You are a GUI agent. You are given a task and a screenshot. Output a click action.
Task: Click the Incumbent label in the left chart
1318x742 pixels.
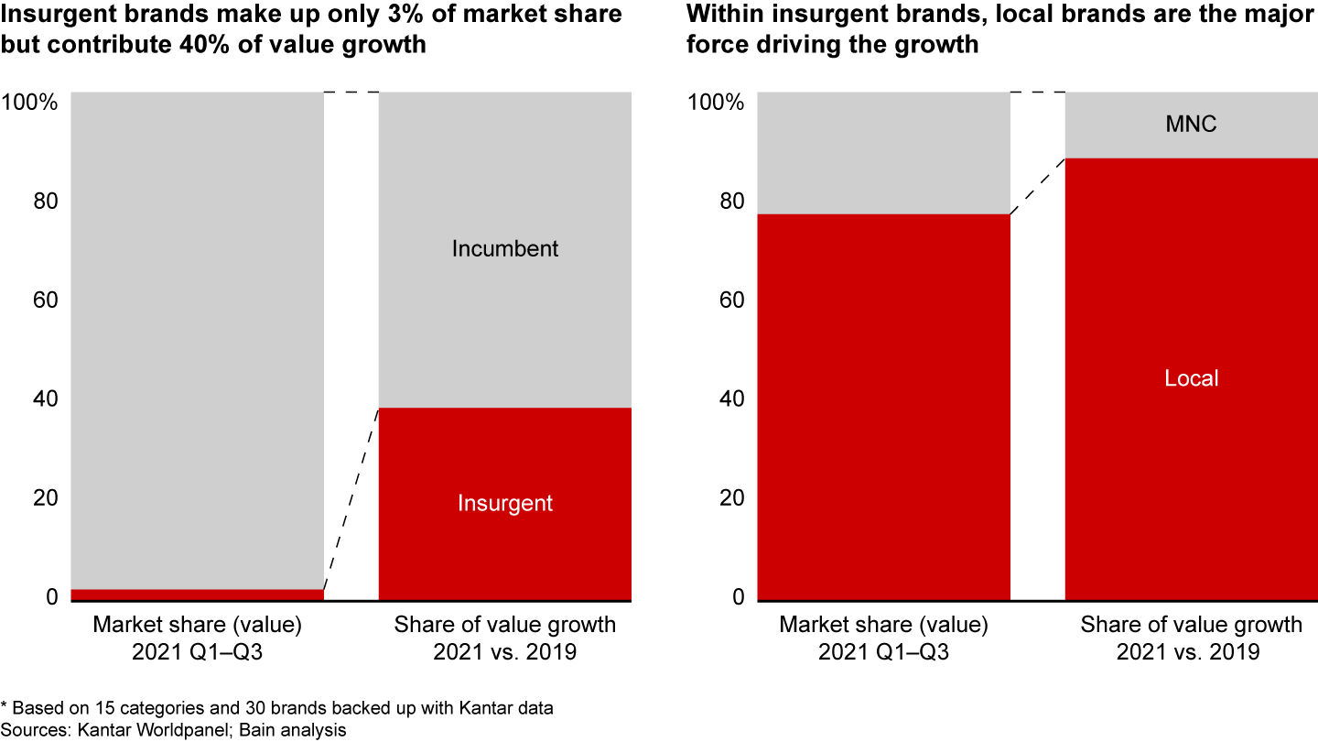tap(504, 248)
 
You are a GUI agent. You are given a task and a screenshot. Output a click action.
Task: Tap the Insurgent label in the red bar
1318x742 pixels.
tap(504, 503)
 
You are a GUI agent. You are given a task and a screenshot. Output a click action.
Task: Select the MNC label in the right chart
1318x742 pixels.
tap(1191, 125)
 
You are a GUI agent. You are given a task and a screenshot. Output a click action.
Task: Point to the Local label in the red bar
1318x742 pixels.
tap(1191, 378)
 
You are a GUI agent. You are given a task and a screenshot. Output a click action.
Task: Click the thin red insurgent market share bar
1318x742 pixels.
tap(197, 595)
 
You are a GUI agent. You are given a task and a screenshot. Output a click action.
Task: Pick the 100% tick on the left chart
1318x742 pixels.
tap(30, 101)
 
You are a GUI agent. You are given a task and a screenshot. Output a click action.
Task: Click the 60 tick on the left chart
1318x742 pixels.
tap(45, 300)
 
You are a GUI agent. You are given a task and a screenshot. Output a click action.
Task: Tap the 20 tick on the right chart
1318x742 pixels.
tap(731, 497)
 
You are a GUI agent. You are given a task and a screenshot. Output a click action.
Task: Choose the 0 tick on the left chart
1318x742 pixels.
tap(52, 597)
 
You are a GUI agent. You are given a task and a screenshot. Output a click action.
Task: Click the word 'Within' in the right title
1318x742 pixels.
tap(722, 15)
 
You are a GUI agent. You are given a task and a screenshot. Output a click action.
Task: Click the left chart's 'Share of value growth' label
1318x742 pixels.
tap(504, 625)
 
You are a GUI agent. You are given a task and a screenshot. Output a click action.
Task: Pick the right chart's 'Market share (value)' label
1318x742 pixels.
tap(883, 625)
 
